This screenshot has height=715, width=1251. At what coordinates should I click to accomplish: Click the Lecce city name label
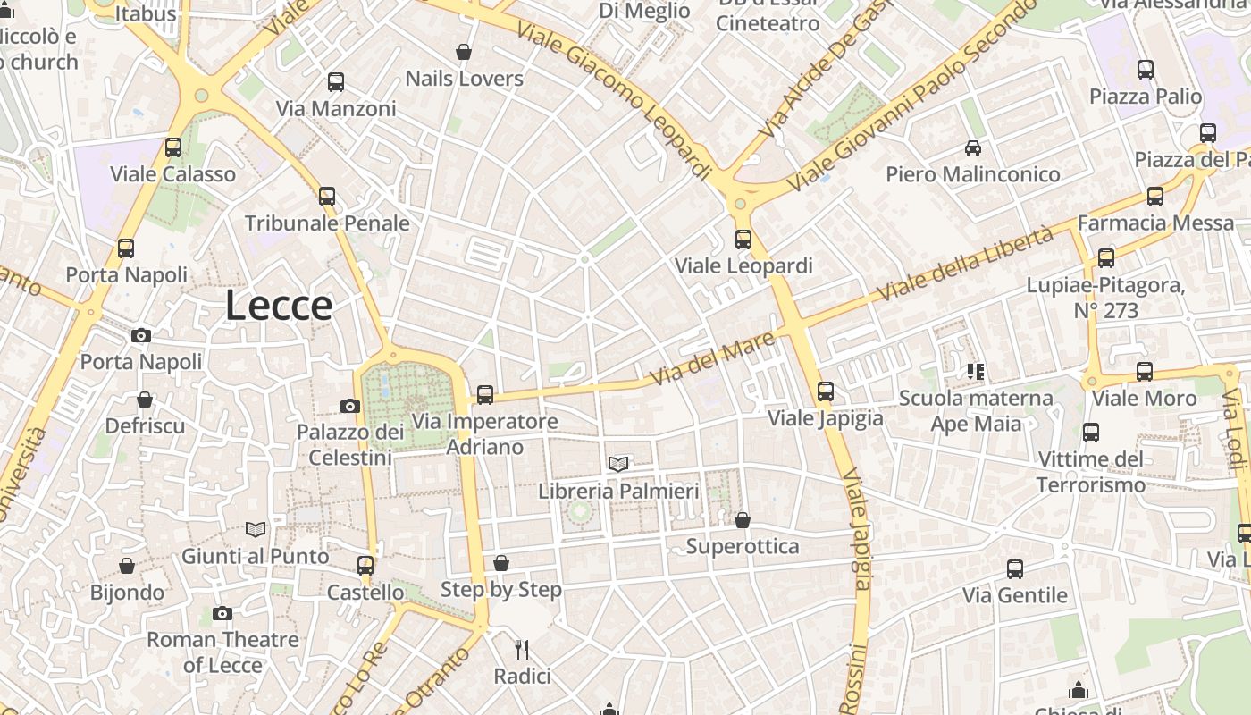pyautogui.click(x=279, y=306)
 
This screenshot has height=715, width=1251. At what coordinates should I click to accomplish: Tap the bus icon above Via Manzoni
pyautogui.click(x=336, y=82)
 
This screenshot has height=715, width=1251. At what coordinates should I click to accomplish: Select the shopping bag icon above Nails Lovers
pyautogui.click(x=464, y=53)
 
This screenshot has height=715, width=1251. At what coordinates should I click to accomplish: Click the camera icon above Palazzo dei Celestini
pyautogui.click(x=350, y=406)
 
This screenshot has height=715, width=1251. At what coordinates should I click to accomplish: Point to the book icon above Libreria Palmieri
pyautogui.click(x=618, y=463)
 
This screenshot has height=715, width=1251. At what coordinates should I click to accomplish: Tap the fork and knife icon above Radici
pyautogui.click(x=523, y=649)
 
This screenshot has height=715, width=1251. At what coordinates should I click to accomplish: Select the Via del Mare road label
pyautogui.click(x=712, y=359)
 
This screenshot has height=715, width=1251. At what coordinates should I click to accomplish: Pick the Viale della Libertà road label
pyautogui.click(x=965, y=264)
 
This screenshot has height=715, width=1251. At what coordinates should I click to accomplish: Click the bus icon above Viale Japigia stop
pyautogui.click(x=826, y=391)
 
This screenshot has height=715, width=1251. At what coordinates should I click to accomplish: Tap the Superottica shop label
pyautogui.click(x=743, y=546)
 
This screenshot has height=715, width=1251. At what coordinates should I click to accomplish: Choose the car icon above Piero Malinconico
pyautogui.click(x=973, y=147)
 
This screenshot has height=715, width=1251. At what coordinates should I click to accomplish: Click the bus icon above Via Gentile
pyautogui.click(x=1015, y=568)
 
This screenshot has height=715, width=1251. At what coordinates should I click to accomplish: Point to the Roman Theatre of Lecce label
pyautogui.click(x=222, y=652)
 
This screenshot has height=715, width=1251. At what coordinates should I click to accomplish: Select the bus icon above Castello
pyautogui.click(x=365, y=565)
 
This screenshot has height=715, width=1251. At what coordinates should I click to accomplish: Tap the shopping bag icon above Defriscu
pyautogui.click(x=145, y=400)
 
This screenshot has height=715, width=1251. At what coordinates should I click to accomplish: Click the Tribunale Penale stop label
pyautogui.click(x=327, y=223)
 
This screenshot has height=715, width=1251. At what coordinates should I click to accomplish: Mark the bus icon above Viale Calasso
pyautogui.click(x=173, y=147)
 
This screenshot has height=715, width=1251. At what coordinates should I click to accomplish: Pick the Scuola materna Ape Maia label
pyautogui.click(x=976, y=410)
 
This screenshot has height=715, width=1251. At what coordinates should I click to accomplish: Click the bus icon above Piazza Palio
pyautogui.click(x=1146, y=69)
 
